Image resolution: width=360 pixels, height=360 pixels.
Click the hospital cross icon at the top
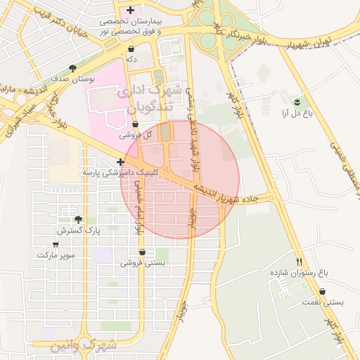130,10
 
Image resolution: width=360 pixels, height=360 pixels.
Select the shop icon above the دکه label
131,49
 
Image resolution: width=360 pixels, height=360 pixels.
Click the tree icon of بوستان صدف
72,68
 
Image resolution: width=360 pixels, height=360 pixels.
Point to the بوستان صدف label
72,79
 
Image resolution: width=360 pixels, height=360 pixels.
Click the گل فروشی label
131,134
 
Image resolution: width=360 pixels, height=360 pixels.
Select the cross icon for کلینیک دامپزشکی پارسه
121,162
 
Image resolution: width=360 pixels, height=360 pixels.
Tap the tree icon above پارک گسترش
78,219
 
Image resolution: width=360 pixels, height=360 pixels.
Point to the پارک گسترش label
79,230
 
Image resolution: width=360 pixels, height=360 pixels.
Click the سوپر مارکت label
57,255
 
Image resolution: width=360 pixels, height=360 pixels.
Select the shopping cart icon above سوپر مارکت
56,245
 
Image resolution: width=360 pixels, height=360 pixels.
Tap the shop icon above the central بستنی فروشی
143,252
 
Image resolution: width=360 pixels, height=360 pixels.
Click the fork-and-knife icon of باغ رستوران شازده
300,259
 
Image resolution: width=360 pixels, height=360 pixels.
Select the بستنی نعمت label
323,302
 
